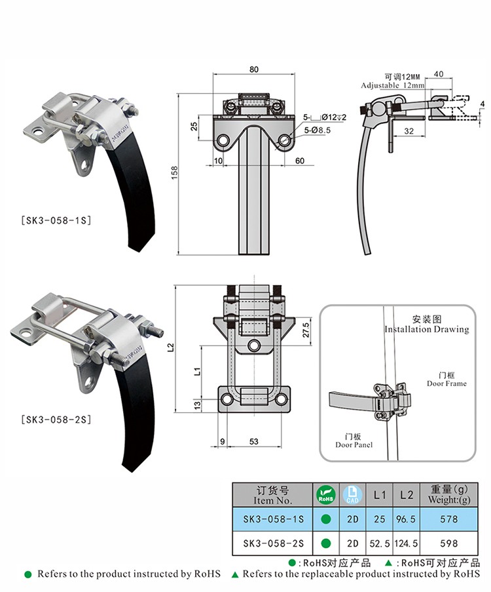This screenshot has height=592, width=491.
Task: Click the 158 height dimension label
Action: coord(174,172)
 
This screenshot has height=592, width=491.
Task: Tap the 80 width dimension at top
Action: coord(254,69)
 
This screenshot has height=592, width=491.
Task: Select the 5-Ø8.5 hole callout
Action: coord(317,130)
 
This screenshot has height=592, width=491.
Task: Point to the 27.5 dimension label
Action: coord(306,330)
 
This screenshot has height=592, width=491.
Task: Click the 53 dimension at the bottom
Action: coord(254,441)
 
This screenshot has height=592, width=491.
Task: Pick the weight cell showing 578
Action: coord(448,519)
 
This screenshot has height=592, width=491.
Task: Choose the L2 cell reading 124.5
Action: coord(406,543)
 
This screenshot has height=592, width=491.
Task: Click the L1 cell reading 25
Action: coord(379,519)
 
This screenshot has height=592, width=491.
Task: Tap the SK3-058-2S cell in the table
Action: coord(273,543)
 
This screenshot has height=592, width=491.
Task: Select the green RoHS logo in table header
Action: coord(326,495)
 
